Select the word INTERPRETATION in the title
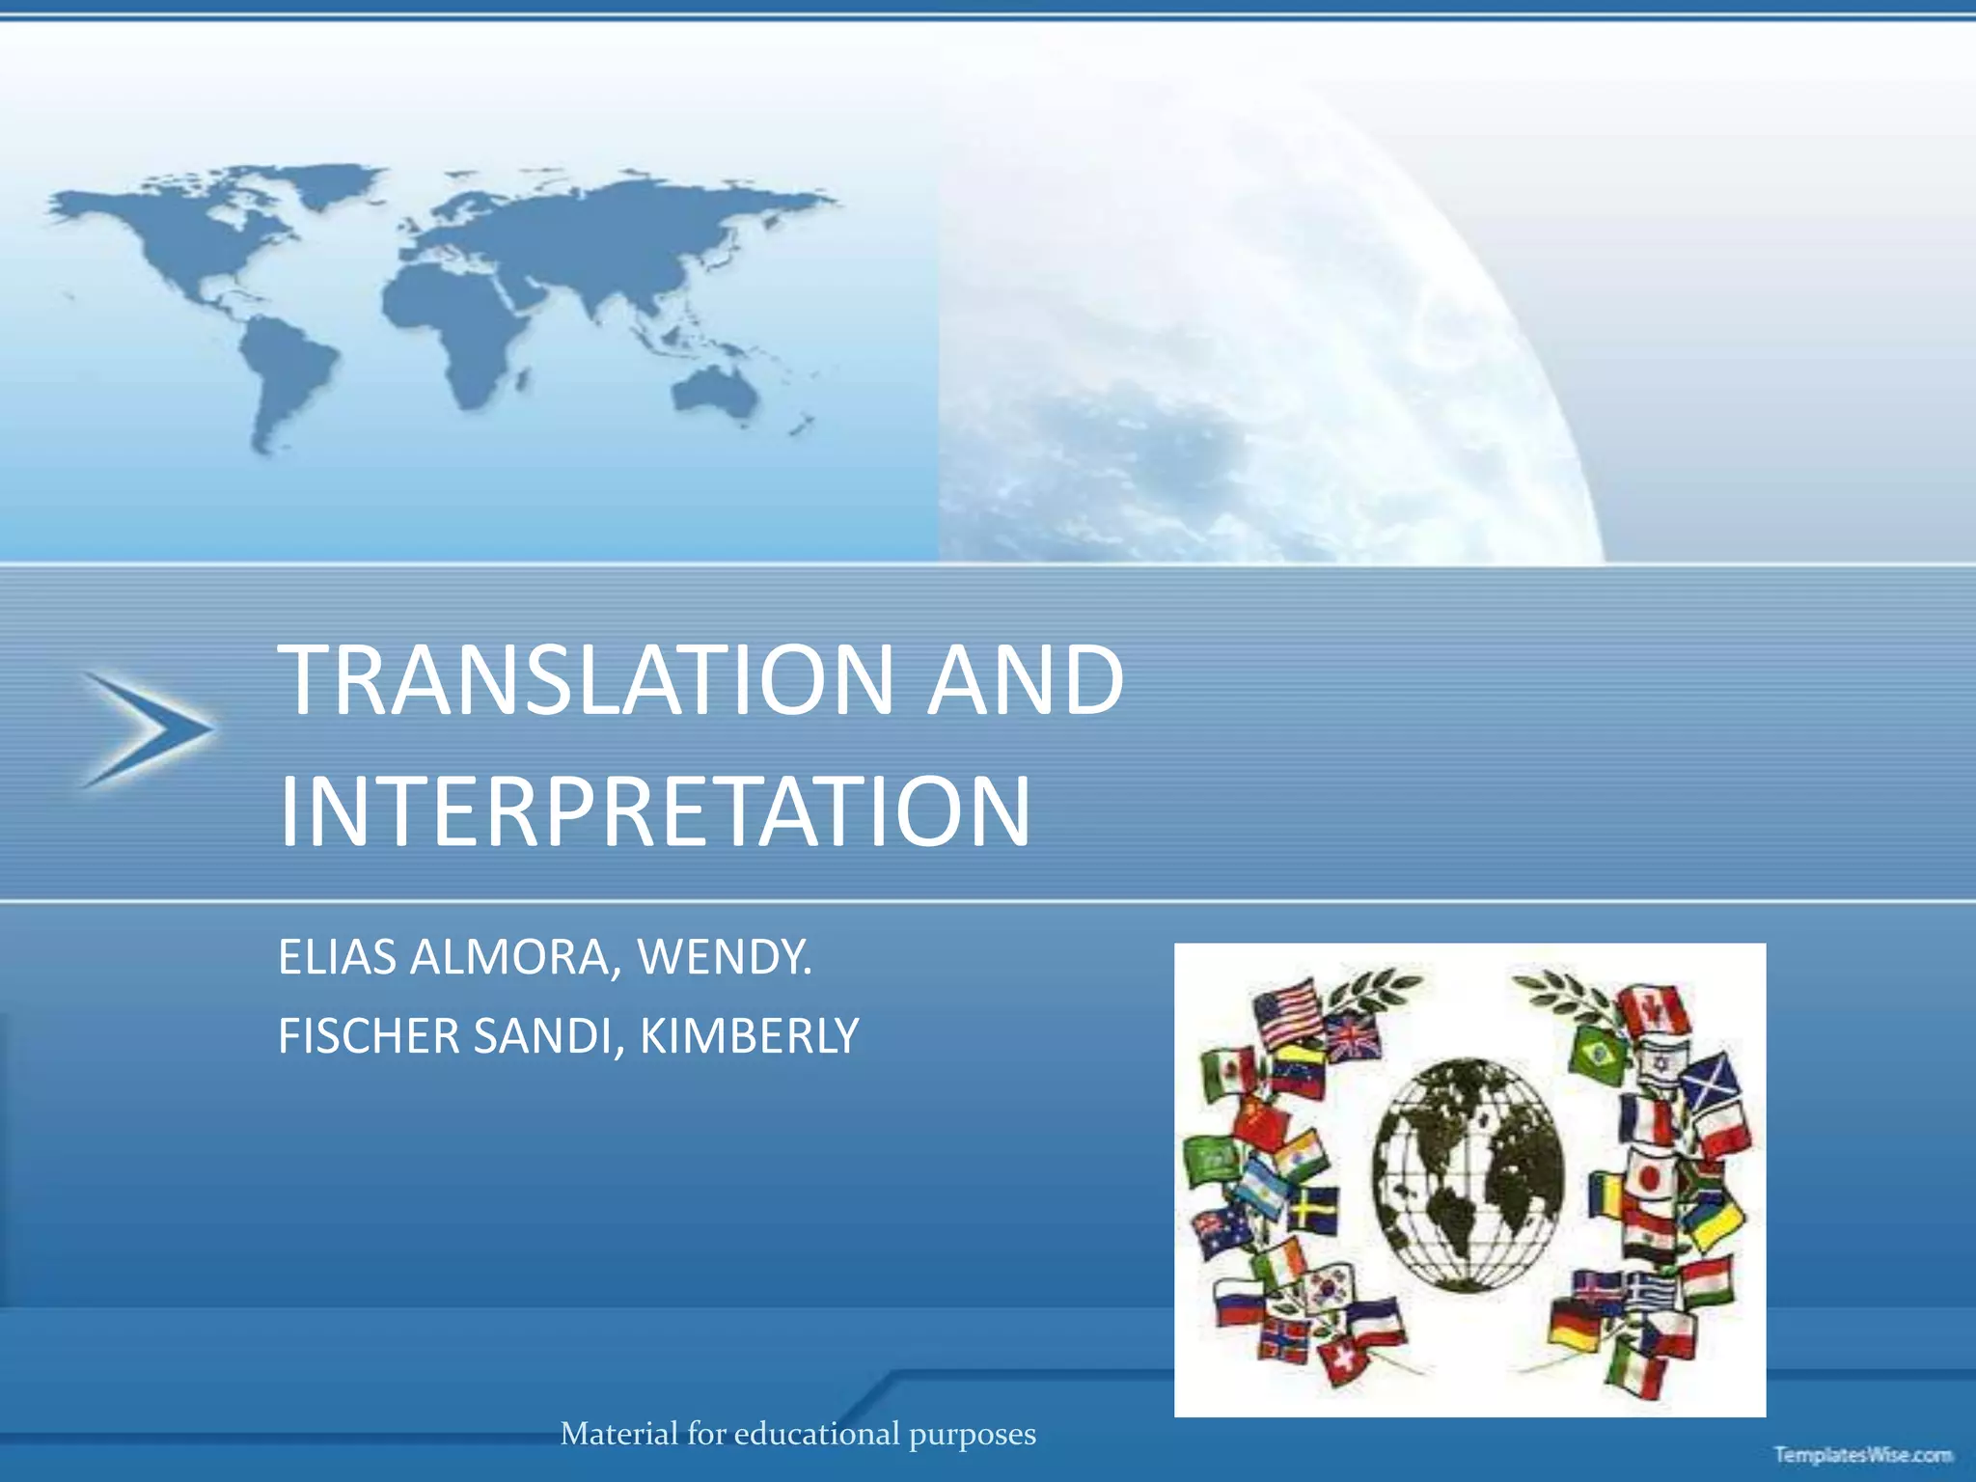pyautogui.click(x=655, y=811)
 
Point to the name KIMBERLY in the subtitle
pyautogui.click(x=749, y=1036)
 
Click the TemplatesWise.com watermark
pyautogui.click(x=1862, y=1455)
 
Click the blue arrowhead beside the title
pyautogui.click(x=150, y=729)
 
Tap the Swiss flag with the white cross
pyautogui.click(x=1337, y=1360)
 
